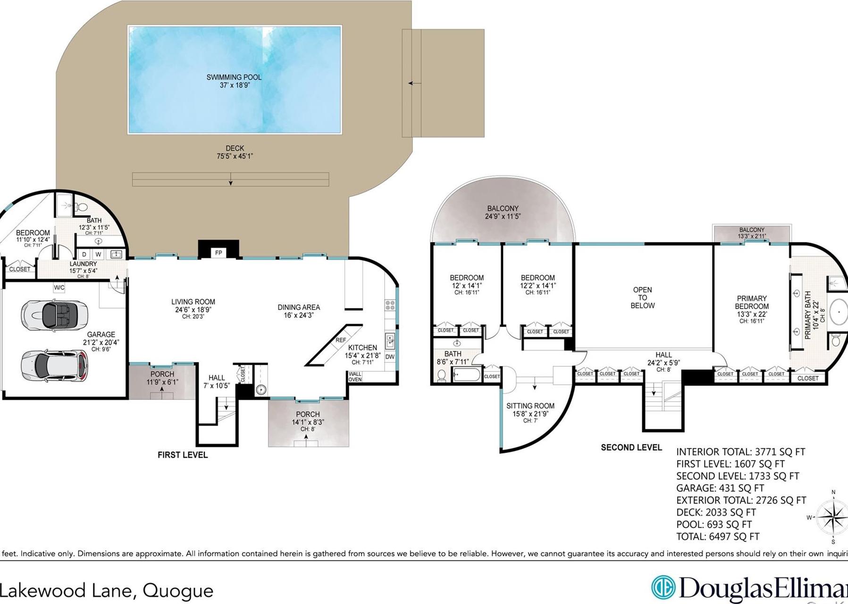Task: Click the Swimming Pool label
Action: coord(234,81)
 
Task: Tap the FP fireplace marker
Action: coord(218,253)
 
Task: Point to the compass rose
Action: coord(832,517)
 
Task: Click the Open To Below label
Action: coord(642,298)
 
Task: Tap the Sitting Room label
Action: coord(530,410)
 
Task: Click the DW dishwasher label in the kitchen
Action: coord(390,357)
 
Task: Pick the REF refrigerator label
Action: coord(341,340)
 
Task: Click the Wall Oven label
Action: coord(355,377)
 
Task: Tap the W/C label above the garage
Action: coord(59,287)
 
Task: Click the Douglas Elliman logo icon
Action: coord(663,587)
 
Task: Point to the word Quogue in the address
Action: coord(178,590)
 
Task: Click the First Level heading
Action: coord(183,455)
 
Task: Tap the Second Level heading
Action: coord(631,447)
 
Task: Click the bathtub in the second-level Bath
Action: coord(466,375)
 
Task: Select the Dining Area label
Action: coord(299,311)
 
